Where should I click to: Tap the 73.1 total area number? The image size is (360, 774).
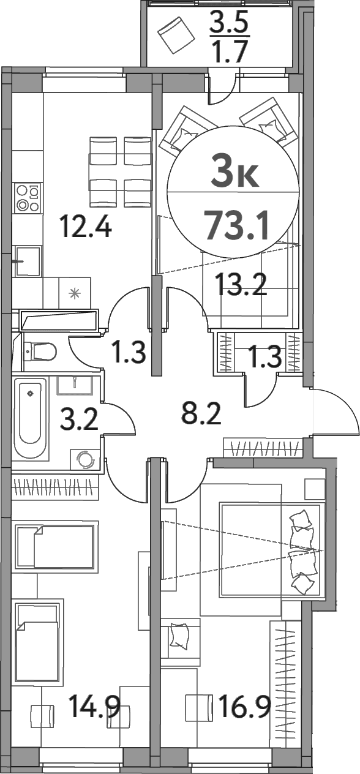pos(237,225)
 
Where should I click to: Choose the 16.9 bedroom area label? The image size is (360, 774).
pos(245,705)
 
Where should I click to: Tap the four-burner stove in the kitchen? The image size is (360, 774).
pos(28,197)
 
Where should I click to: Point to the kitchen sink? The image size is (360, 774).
pos(28,261)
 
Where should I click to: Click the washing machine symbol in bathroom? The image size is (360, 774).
pos(85,459)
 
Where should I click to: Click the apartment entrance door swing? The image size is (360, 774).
pos(334,411)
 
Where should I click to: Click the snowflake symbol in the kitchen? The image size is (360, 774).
pos(74,293)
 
